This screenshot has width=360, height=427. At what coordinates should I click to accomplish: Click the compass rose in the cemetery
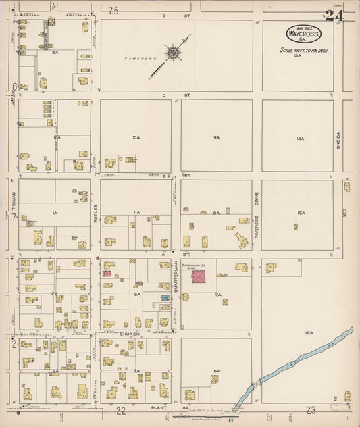[173, 51]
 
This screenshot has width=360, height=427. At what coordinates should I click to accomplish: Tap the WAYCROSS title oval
[304, 33]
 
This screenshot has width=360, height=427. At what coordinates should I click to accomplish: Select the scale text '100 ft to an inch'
[304, 51]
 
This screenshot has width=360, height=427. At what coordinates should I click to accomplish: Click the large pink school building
[198, 276]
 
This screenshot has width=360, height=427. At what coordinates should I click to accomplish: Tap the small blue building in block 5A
[164, 297]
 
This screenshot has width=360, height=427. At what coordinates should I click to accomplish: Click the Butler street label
[97, 214]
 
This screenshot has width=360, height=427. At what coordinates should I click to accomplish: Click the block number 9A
[216, 138]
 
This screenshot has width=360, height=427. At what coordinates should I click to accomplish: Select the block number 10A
[136, 138]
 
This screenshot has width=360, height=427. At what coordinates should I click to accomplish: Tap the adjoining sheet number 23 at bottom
[311, 410]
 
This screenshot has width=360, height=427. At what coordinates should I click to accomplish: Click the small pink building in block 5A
[107, 274]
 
